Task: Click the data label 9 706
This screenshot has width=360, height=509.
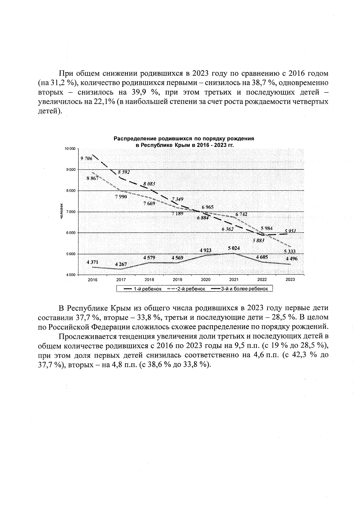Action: coord(86,159)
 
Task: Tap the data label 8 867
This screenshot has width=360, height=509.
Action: coord(92,178)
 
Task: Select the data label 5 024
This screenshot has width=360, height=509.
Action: coord(234,248)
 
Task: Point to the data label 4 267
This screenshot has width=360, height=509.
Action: coord(121,264)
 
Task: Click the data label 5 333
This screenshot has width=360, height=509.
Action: coord(290,251)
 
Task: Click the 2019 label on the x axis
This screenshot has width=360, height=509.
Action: coord(177,279)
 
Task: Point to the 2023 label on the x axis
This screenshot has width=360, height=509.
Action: coord(290,279)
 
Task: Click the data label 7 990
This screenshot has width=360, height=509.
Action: coord(121,197)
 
